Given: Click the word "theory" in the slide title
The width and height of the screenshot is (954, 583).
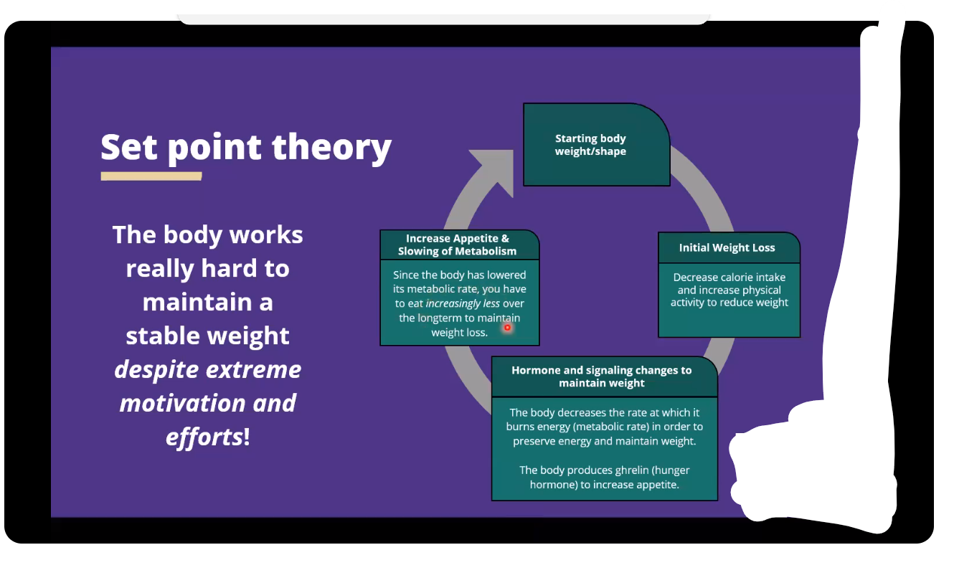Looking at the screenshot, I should pos(331,147).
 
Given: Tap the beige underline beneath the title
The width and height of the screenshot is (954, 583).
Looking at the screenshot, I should pos(151,176).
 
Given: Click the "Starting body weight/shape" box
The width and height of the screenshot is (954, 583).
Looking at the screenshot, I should pos(595,145).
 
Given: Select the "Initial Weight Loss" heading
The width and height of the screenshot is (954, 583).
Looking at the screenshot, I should pos(727,248).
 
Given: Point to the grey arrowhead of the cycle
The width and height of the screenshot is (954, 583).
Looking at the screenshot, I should pos(495,171).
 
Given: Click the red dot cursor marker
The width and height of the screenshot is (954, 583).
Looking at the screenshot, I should pos(507,328).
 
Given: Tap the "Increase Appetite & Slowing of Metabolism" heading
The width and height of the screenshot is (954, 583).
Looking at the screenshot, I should pos(458,245).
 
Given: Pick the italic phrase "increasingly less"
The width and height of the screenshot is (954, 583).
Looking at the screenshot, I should pos(463,303).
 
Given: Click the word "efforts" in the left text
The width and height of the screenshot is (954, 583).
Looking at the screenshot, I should pos(204,437).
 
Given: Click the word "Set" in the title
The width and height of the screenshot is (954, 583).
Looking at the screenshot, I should pos(128,147).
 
